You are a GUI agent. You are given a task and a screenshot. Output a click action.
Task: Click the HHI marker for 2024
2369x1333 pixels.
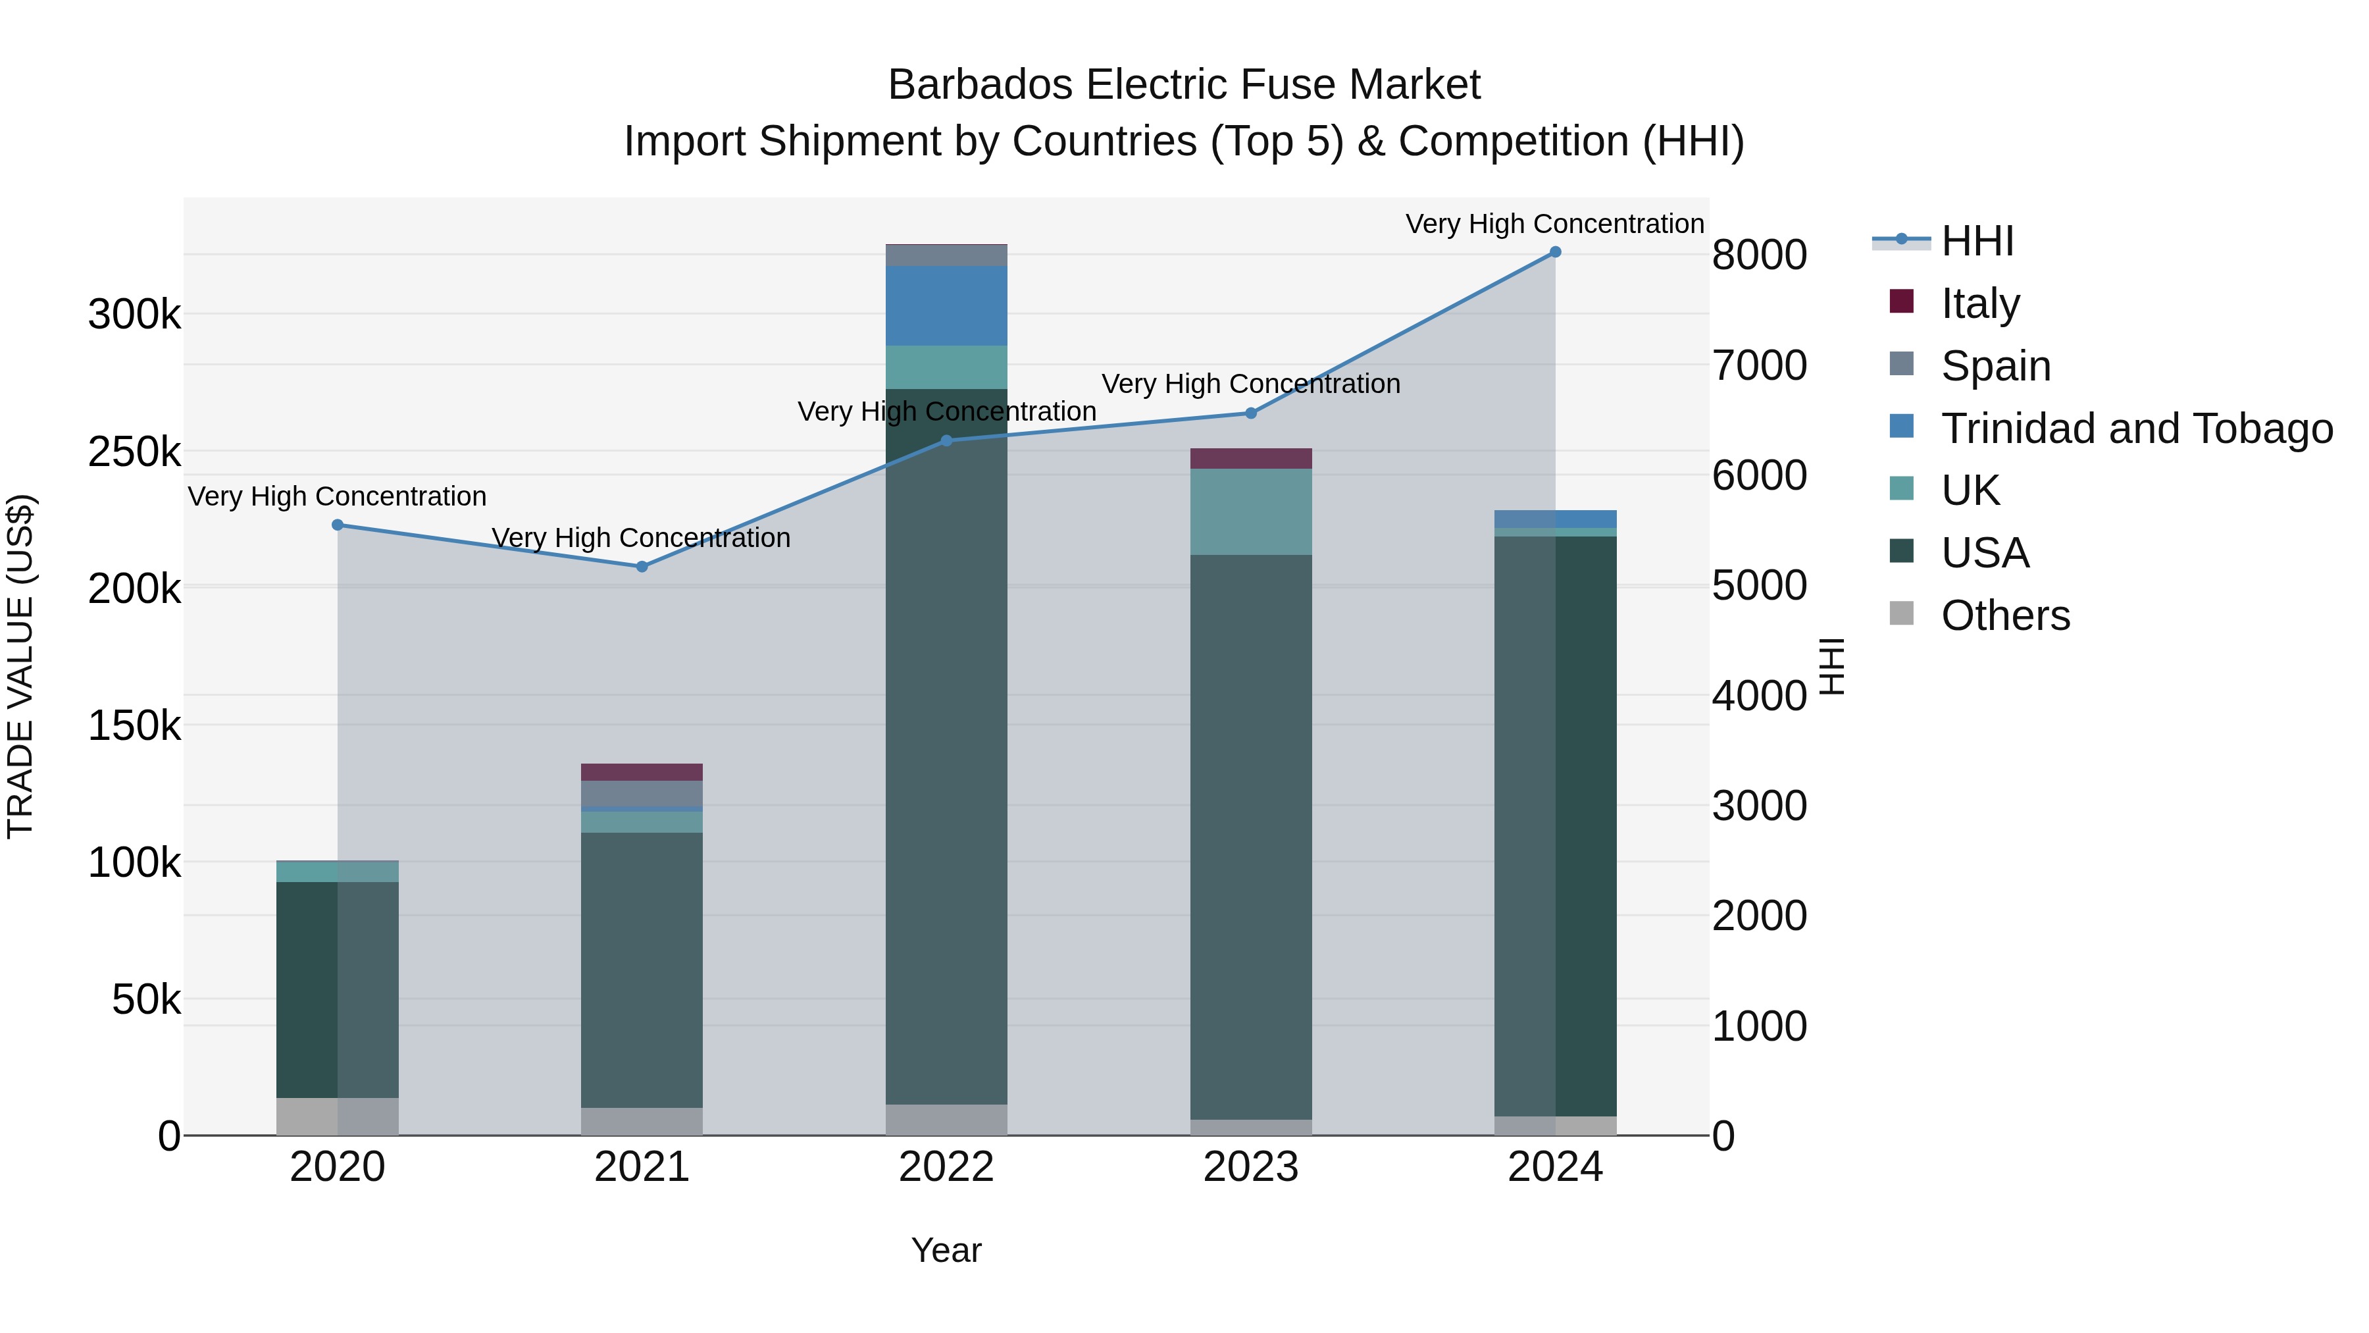pos(1555,252)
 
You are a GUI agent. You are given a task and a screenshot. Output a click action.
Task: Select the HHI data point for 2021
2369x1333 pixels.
pos(642,567)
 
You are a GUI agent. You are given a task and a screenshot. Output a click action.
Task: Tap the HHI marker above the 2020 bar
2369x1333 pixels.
pos(338,525)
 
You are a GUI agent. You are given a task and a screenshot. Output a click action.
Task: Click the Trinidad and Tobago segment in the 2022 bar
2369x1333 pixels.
pos(946,305)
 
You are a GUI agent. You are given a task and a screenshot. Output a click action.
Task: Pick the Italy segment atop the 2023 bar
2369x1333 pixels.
pos(1251,458)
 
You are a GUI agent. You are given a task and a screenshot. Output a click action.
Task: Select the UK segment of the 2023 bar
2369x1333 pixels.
pos(1251,511)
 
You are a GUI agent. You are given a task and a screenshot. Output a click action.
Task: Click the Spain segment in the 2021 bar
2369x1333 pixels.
pos(642,793)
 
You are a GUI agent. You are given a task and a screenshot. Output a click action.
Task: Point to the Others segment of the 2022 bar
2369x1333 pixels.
pos(946,1120)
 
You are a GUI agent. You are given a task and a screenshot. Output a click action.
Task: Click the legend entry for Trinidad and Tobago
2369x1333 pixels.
pos(2136,429)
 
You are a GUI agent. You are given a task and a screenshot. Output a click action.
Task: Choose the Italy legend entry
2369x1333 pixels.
pos(1980,303)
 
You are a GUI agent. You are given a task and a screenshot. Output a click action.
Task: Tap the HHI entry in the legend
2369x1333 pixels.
pos(1977,241)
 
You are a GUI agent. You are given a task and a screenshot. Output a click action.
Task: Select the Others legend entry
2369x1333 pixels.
pos(2005,615)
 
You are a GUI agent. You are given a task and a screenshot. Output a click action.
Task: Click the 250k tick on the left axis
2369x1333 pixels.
pos(134,452)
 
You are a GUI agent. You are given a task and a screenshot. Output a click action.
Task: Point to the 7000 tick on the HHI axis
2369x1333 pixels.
pos(1759,365)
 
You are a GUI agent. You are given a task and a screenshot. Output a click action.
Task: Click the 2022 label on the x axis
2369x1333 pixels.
pos(946,1167)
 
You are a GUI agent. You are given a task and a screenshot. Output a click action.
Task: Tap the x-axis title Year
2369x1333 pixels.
pos(946,1250)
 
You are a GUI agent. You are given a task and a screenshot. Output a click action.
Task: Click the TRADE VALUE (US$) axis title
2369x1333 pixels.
pos(20,666)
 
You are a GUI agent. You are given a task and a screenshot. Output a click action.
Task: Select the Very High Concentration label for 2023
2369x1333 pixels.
pos(1251,384)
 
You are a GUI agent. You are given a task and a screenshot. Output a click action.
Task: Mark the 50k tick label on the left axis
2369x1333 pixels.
pos(146,999)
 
